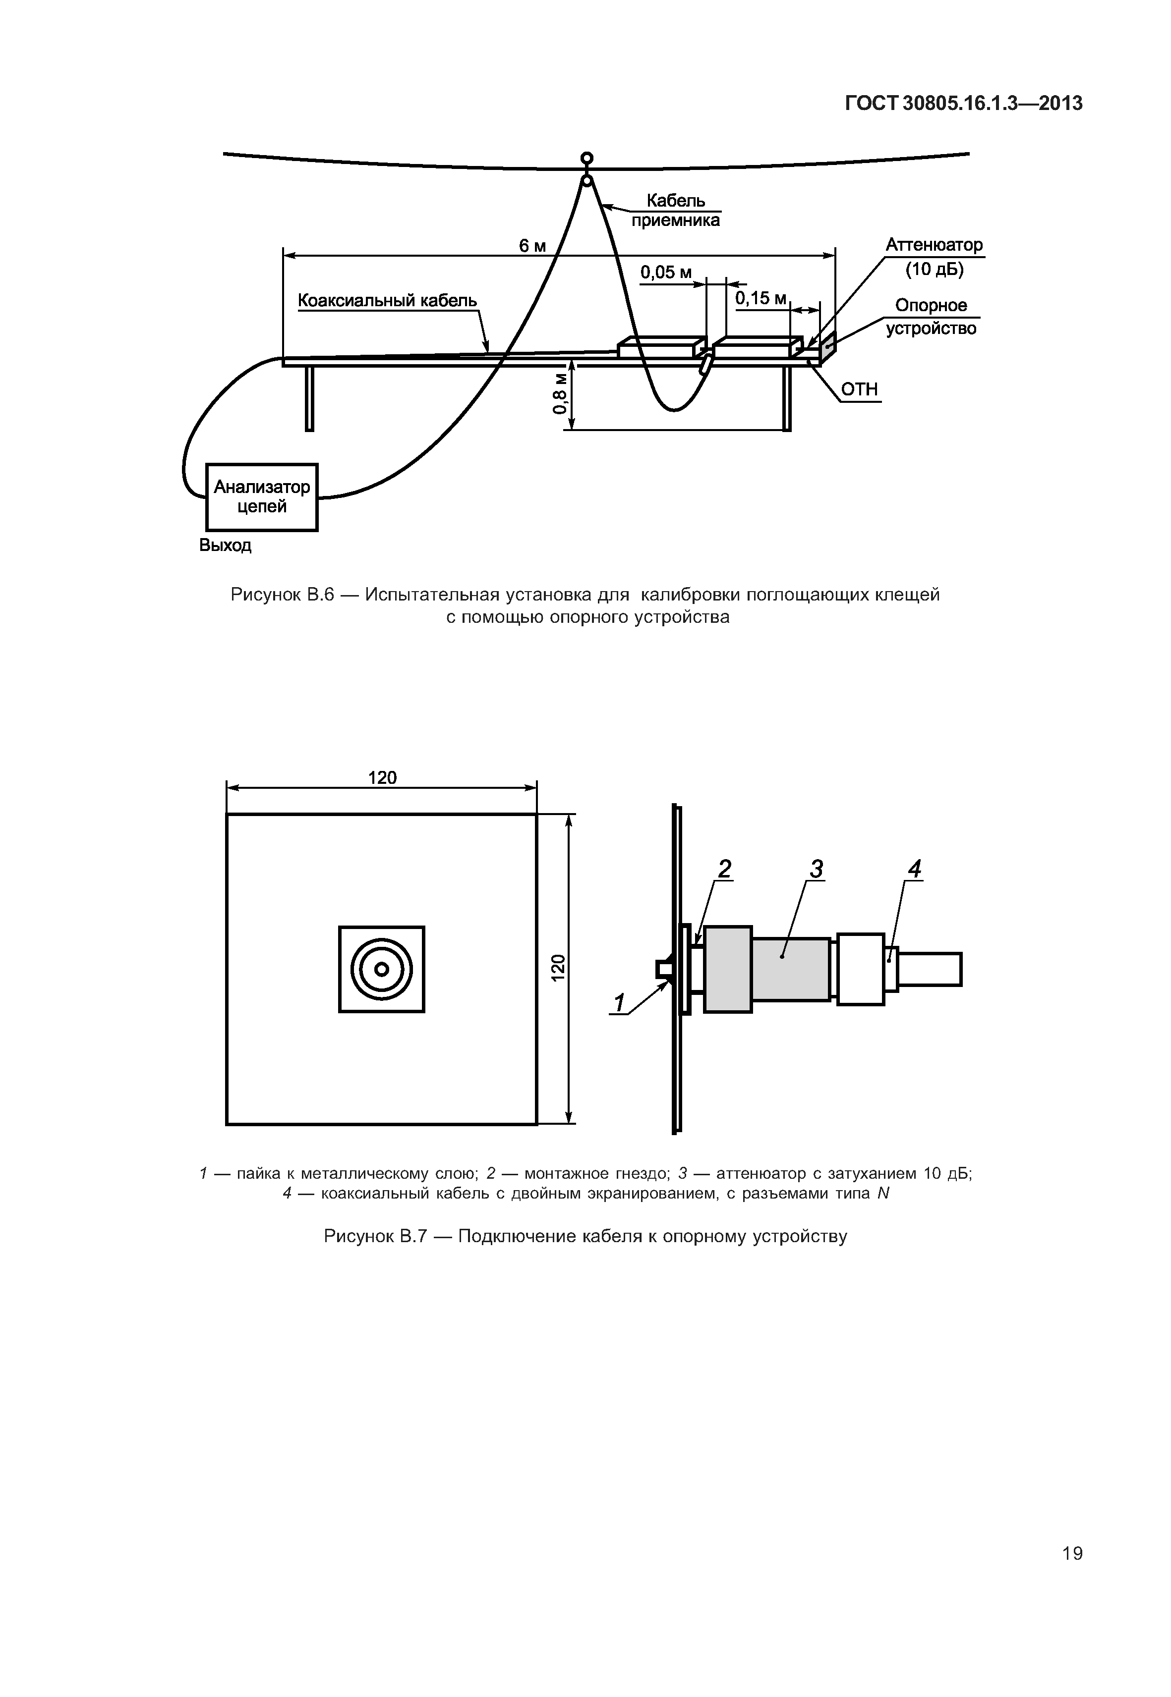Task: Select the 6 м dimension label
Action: (x=532, y=246)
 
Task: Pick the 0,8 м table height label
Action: (x=561, y=393)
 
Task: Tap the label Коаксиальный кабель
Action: (x=387, y=301)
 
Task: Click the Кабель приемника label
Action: (x=676, y=211)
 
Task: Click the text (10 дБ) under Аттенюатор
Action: (x=934, y=269)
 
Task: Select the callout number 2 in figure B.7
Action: (x=724, y=869)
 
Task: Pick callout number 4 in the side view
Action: (x=914, y=869)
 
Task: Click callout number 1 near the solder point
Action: (x=620, y=1002)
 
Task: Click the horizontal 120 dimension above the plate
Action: (x=382, y=777)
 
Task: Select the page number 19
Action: (x=1072, y=1553)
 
